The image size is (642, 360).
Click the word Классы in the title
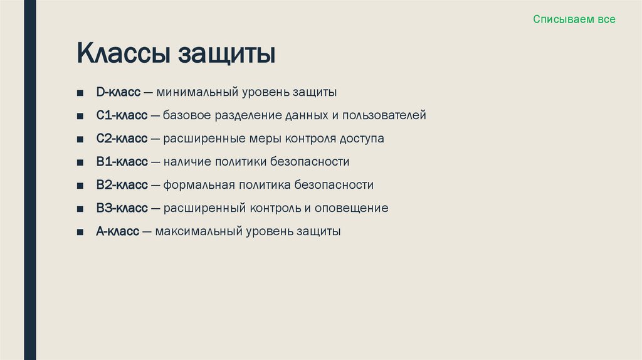click(x=124, y=53)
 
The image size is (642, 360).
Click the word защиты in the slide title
click(x=227, y=55)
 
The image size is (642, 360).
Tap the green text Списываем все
click(x=574, y=19)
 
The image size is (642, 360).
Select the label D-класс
click(x=118, y=93)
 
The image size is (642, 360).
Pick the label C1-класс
click(x=122, y=115)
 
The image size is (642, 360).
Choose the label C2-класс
click(x=122, y=139)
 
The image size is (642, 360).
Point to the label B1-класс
click(x=122, y=162)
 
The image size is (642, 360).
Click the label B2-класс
click(x=122, y=185)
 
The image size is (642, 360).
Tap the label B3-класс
click(x=122, y=208)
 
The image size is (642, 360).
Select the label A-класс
click(x=118, y=231)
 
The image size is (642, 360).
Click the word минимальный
click(x=196, y=93)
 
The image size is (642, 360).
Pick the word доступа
click(x=362, y=139)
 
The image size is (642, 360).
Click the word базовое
click(x=187, y=115)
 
